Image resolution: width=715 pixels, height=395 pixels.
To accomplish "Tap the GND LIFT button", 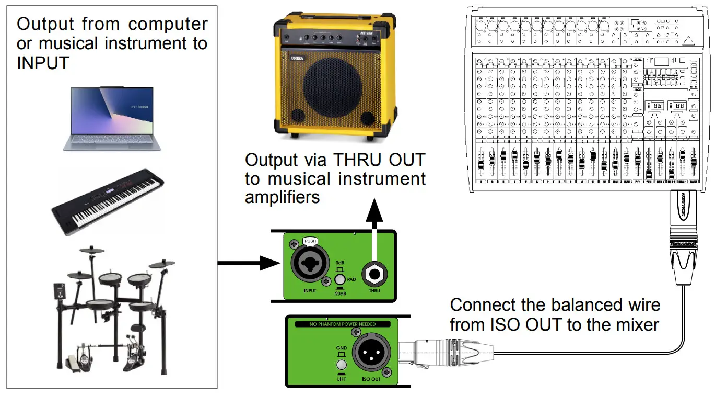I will tap(342, 365).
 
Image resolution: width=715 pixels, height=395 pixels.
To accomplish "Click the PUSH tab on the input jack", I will tap(310, 241).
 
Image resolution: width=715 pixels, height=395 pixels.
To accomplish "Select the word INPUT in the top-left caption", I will tap(43, 63).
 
